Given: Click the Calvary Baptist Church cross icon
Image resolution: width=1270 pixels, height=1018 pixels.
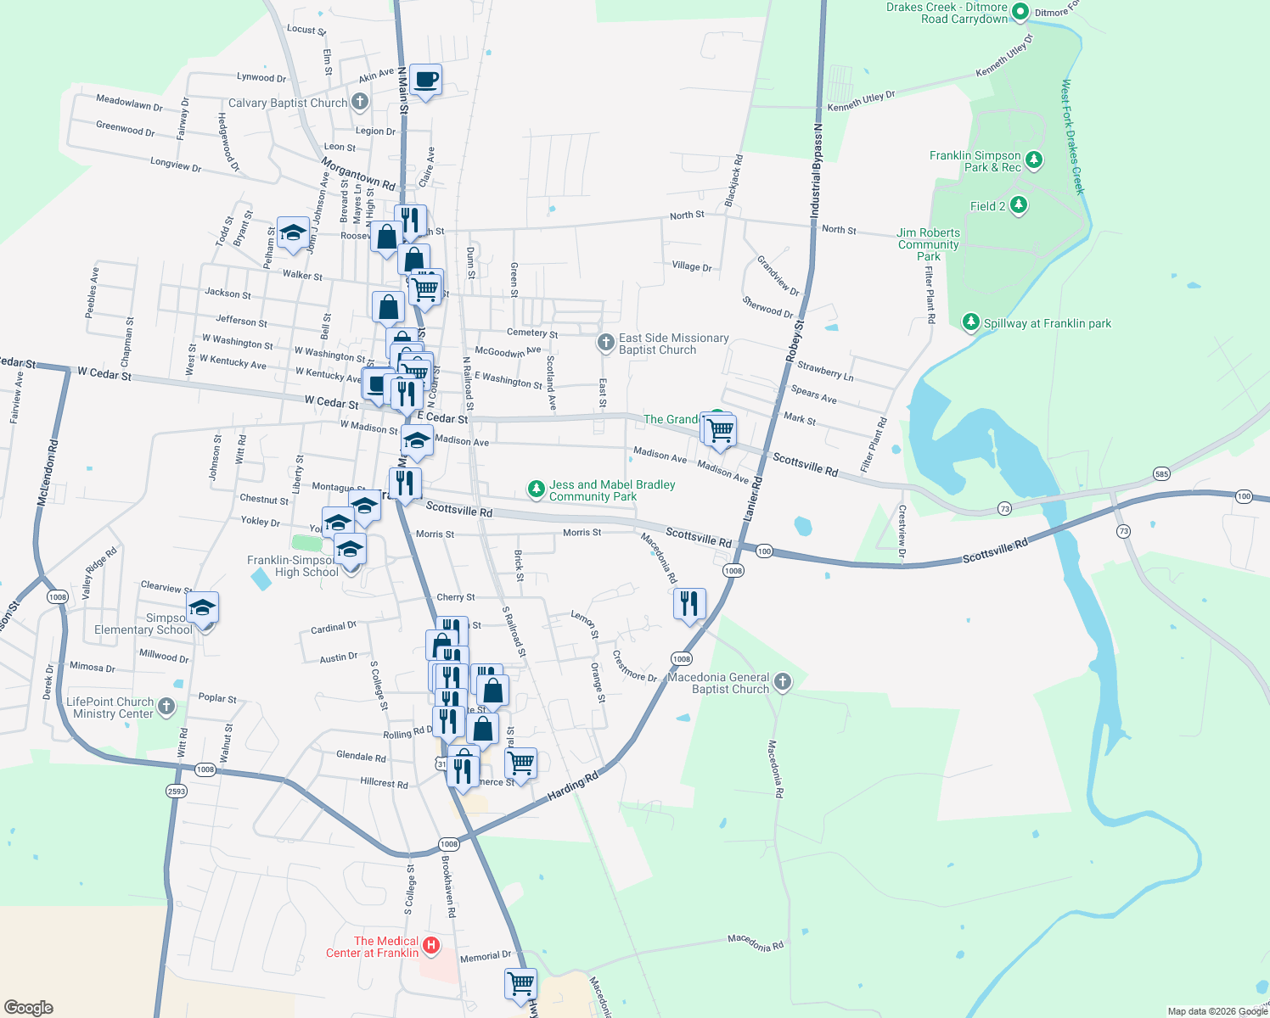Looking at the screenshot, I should pos(360,103).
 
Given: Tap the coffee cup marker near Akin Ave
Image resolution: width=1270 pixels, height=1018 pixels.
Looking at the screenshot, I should pos(425,81).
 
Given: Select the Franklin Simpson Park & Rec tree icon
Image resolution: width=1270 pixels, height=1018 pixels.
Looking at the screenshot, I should pos(1033,159).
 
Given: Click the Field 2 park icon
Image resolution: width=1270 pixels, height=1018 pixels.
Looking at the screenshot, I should pos(1019,205).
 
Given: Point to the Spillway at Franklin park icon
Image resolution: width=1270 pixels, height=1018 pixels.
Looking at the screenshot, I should pos(970,322).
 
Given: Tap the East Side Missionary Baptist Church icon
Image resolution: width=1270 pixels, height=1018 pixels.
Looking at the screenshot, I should pos(605,343).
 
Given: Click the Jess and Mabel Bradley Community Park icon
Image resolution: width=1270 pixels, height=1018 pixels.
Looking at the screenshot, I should pos(536,489).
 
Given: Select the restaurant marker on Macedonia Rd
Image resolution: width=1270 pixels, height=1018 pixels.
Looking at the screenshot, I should pos(689,604).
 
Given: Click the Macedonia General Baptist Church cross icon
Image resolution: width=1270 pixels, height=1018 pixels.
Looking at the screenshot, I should pos(783,682).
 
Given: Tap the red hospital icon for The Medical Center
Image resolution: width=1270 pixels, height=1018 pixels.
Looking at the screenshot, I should pos(431,945).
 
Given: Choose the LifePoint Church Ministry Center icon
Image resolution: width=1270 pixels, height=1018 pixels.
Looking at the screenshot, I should pos(166,706).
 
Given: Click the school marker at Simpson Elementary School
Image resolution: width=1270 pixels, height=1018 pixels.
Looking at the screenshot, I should pos(202,608).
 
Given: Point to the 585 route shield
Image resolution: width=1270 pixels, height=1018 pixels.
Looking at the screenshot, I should pos(1161,473).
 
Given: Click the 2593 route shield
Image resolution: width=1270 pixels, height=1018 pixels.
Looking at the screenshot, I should pos(176,791).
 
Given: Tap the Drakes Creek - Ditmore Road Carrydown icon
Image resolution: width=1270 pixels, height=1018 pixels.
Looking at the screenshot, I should pos(1020,12).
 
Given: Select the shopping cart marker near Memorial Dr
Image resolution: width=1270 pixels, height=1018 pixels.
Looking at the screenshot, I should pos(520,985).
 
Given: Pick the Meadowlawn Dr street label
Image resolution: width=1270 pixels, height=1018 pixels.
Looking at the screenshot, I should pos(129,103).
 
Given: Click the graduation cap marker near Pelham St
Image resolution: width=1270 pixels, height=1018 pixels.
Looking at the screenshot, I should pos(293,233).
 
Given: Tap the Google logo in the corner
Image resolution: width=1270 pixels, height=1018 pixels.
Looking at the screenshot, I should pos(28,1007).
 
